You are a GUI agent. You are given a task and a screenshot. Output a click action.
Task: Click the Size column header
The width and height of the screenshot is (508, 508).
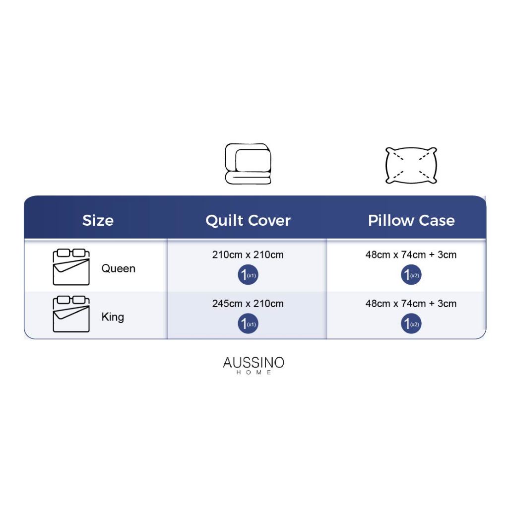click(98, 220)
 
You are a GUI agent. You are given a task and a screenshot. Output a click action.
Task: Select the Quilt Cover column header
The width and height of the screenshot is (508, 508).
click(248, 220)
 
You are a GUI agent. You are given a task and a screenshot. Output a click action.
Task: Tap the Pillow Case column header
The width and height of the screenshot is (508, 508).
click(411, 220)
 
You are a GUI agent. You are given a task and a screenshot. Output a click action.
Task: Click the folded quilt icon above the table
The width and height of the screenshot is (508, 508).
click(248, 164)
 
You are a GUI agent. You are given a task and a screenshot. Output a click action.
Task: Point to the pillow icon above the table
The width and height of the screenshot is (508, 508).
click(411, 165)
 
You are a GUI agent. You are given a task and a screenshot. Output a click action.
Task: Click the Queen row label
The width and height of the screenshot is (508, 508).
click(118, 268)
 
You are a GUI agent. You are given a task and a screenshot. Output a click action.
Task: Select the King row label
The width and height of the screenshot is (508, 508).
click(113, 317)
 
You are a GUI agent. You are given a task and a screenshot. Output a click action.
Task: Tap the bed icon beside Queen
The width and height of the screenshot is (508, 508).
click(71, 267)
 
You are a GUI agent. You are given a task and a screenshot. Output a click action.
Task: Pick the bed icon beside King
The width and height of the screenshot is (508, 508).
click(71, 314)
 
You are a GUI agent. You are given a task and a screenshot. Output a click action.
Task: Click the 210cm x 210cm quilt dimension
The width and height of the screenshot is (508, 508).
click(248, 254)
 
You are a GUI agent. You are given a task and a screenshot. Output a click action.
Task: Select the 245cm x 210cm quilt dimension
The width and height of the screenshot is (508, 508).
click(248, 304)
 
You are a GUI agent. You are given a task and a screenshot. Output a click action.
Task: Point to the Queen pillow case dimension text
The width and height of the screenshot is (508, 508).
click(411, 254)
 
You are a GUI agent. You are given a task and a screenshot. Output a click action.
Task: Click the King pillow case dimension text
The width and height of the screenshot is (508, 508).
click(411, 304)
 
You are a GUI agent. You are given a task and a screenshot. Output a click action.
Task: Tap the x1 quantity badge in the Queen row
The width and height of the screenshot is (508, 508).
click(248, 275)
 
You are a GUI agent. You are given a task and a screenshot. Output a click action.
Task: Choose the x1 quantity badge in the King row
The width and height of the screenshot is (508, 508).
click(248, 323)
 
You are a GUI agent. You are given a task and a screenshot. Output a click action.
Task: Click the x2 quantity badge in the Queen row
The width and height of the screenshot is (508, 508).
click(411, 275)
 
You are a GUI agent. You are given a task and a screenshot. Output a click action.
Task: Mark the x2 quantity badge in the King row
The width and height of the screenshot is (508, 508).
click(411, 323)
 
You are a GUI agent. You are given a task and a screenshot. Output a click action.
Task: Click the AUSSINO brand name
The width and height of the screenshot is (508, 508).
click(254, 363)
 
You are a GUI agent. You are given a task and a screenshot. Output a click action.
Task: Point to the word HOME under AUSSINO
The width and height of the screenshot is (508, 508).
click(254, 373)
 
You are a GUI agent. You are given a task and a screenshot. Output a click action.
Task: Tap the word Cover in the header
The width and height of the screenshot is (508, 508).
click(269, 220)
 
